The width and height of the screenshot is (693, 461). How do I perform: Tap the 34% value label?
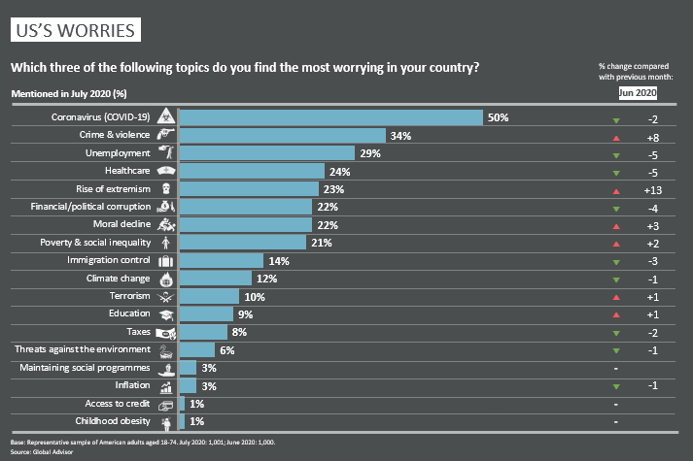[x=400, y=136]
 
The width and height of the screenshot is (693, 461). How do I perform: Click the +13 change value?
[x=652, y=189]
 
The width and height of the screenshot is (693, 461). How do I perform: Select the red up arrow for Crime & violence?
[x=616, y=136]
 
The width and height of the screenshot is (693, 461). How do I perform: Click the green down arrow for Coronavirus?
[x=616, y=118]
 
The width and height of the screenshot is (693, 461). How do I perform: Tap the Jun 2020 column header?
[x=638, y=93]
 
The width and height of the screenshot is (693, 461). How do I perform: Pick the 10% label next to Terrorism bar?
[x=254, y=296]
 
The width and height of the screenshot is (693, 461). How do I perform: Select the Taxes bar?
[x=203, y=332]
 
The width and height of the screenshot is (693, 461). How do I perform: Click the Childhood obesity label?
[x=112, y=421]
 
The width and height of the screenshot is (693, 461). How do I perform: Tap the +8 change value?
[x=652, y=136]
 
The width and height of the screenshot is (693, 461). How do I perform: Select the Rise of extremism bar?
[x=250, y=189]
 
